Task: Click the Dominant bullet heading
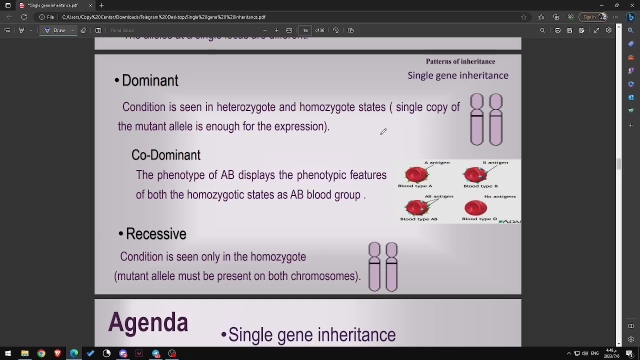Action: click(149, 80)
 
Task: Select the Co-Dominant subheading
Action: click(165, 155)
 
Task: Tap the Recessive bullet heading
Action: click(155, 234)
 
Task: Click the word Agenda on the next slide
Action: click(148, 322)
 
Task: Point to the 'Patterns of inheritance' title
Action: click(460, 61)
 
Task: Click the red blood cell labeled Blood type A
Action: click(416, 174)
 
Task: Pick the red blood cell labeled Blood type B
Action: click(475, 174)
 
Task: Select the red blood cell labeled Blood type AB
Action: click(417, 207)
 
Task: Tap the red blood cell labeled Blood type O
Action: click(475, 207)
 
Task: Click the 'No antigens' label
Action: click(500, 196)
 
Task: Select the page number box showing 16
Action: click(305, 30)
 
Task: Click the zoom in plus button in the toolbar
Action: click(276, 30)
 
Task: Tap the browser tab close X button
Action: click(90, 5)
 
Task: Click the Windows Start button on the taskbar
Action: click(8, 353)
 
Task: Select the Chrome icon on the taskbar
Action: click(41, 353)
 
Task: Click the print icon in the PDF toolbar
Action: click(557, 30)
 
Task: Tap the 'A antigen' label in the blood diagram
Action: click(436, 162)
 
